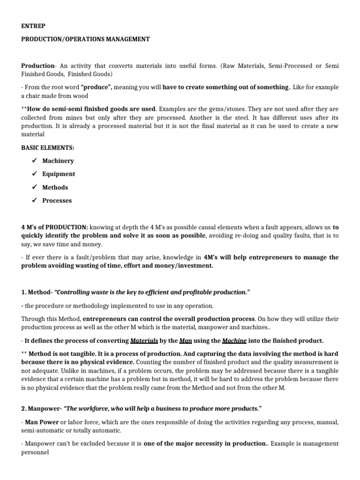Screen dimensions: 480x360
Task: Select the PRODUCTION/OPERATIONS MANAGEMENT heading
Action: (85, 39)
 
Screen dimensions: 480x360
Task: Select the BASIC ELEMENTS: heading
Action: (47, 148)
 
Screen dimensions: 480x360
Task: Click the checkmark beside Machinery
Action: (34, 161)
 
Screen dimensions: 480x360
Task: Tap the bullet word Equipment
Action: (59, 174)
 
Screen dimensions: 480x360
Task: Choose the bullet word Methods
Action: (55, 187)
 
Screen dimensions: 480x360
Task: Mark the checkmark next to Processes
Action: (34, 201)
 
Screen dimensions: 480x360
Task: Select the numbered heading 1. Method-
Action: (37, 292)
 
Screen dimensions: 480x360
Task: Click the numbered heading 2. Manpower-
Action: (41, 408)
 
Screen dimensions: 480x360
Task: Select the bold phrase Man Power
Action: (41, 422)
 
